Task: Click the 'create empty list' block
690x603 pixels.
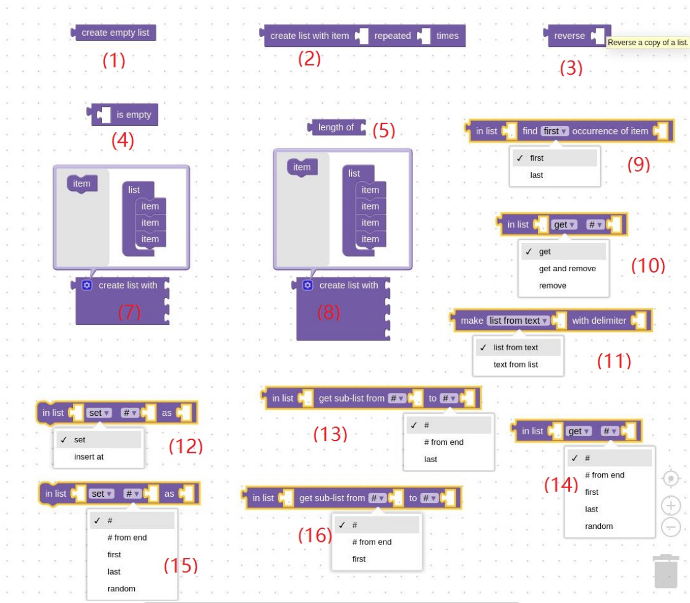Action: coord(115,33)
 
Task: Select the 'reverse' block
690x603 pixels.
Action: coord(569,36)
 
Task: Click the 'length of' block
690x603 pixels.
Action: coord(336,127)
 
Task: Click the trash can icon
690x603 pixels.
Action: coord(666,571)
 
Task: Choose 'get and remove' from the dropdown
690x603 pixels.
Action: coord(567,269)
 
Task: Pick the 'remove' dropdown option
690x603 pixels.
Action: coord(552,285)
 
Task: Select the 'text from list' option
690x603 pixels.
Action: coord(516,365)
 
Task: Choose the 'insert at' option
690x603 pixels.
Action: coord(88,457)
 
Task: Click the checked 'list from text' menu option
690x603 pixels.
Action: coord(516,347)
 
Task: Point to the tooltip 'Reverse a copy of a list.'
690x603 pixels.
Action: coord(647,43)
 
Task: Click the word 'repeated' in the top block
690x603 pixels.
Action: coord(392,36)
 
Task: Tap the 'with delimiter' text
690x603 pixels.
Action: coord(598,321)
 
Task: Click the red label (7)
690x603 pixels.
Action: coord(129,313)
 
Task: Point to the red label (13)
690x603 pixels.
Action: coord(330,434)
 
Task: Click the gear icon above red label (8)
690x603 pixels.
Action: coord(307,285)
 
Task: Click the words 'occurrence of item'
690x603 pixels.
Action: coord(610,131)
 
